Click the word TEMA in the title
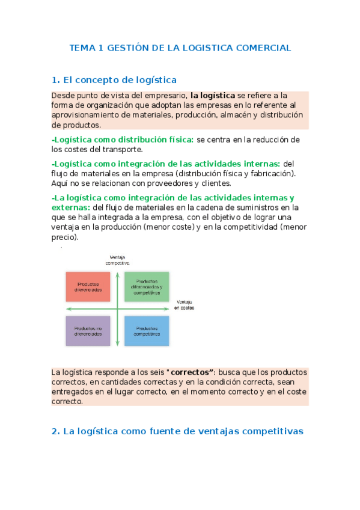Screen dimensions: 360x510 coord(82,48)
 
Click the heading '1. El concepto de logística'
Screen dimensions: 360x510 coord(114,79)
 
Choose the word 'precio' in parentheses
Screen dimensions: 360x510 coord(64,237)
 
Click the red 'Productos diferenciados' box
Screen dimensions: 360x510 coord(88,286)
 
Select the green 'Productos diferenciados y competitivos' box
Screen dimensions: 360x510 coord(147,286)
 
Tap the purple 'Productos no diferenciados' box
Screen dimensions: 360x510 coord(88,331)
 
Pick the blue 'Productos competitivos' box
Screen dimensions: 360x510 coord(147,331)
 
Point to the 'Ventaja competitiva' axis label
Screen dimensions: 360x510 coord(118,260)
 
